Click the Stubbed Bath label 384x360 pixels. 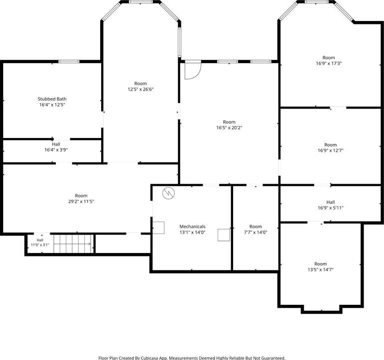pos(52,99)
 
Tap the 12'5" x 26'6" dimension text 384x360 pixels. pos(140,90)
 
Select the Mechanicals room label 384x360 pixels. pos(192,227)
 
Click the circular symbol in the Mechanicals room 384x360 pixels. pos(169,193)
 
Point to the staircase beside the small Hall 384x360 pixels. pos(74,244)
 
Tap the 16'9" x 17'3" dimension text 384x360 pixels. pos(329,63)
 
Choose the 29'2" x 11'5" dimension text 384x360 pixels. pos(81,202)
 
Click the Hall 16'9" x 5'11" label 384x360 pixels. pos(331,205)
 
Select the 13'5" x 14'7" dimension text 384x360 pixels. pos(321,270)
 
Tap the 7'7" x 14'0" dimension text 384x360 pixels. pos(256,233)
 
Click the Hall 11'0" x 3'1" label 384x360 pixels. pos(40,242)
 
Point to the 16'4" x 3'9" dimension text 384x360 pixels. pos(56,150)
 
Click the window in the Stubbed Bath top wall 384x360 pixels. pos(69,61)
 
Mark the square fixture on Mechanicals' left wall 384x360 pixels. pos(158,228)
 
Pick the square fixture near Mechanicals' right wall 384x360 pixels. pos(224,235)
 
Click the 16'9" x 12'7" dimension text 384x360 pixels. pos(331,150)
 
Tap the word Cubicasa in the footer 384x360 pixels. pos(149,358)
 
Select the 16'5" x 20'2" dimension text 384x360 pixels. pos(229,127)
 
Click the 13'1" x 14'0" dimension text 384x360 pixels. pos(192,233)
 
